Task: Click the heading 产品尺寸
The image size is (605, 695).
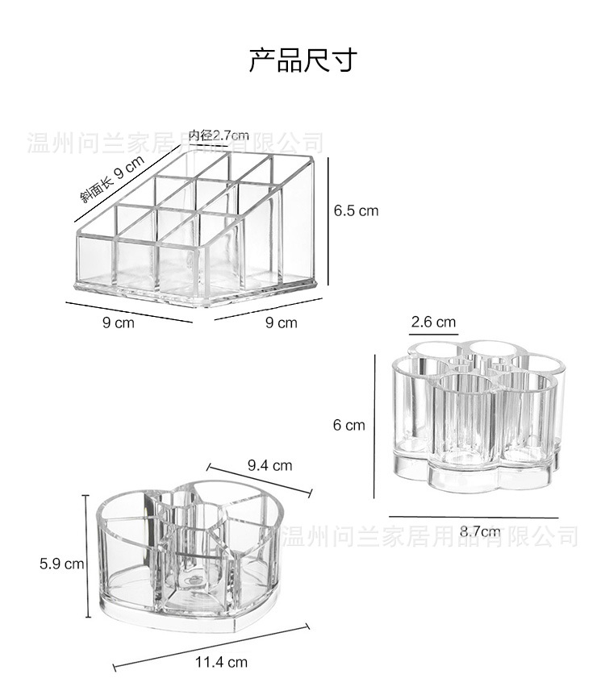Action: click(302, 60)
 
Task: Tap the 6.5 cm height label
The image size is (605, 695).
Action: click(356, 210)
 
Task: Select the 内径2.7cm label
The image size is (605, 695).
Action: click(219, 135)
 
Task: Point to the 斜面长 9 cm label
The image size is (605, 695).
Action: click(111, 178)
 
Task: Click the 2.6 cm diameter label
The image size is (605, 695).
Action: click(433, 322)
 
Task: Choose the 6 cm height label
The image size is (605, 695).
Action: click(349, 425)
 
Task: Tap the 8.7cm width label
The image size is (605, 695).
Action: click(480, 531)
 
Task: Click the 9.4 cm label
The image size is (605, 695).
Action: click(269, 465)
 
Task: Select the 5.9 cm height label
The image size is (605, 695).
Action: click(62, 564)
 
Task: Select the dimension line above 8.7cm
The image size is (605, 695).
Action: click(474, 517)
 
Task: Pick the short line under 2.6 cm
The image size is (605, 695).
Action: click(433, 333)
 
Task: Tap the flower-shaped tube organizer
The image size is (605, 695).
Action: click(475, 413)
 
